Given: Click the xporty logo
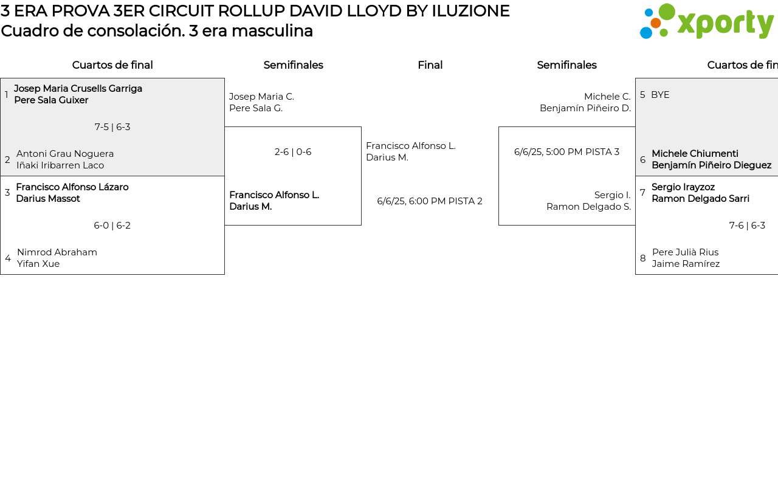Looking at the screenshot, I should coord(706,21).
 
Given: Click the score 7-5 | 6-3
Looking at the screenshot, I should coord(112,127).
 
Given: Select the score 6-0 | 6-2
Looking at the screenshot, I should coord(112,226).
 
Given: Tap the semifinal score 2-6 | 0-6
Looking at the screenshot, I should coord(293,152).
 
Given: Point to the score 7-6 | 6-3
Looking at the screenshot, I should coord(747,226).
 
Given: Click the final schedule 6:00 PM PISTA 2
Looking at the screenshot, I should coord(430,201).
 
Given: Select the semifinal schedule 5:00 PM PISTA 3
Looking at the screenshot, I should coord(566,152).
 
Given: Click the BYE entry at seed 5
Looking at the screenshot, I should coord(660,95).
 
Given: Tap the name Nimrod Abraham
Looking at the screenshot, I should coord(57,252).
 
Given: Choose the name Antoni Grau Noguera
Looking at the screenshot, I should coord(65,154).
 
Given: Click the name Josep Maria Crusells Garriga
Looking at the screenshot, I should coord(78,89).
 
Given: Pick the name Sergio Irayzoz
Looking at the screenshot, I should coord(683,187).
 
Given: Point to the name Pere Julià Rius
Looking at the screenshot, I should coord(685,252).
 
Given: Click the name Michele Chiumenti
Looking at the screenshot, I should coord(695,154).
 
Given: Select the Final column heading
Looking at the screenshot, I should coord(430,65).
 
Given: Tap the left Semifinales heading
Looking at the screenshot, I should coord(293,65).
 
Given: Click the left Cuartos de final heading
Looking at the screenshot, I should coord(112,65).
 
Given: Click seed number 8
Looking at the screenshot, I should coord(643,258).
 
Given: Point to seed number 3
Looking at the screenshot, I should coord(7,193).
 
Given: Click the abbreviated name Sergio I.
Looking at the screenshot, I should coord(612,195).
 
